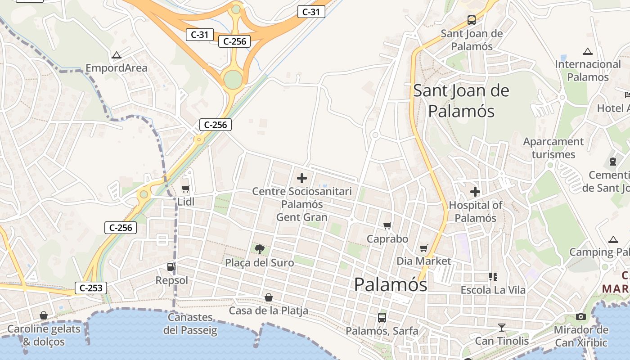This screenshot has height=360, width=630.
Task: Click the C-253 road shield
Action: click(91, 288)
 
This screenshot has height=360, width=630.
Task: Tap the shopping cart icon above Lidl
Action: click(185, 189)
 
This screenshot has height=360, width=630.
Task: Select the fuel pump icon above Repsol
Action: click(171, 267)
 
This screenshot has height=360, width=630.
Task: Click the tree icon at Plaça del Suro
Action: click(259, 249)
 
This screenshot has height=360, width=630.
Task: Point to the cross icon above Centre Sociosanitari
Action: click(302, 178)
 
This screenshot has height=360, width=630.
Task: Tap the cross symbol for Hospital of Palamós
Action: click(475, 192)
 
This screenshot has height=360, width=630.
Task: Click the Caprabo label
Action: click(387, 239)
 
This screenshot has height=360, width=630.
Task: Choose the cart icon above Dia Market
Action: click(423, 248)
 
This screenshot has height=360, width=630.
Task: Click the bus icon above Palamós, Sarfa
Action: click(382, 317)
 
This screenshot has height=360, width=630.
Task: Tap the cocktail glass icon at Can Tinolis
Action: click(502, 327)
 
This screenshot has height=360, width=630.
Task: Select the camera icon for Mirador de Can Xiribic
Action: click(581, 316)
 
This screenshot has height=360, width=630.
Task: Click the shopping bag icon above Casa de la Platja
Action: click(269, 297)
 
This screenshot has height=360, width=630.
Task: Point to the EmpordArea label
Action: click(117, 68)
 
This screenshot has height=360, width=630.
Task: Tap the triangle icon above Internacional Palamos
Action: click(587, 51)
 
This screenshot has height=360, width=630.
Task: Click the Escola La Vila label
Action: click(493, 290)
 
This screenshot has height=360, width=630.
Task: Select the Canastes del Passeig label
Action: click(190, 324)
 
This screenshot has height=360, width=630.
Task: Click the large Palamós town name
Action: click(391, 285)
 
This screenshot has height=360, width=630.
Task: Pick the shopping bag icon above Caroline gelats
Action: click(44, 315)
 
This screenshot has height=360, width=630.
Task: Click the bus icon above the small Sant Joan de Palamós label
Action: click(472, 20)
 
